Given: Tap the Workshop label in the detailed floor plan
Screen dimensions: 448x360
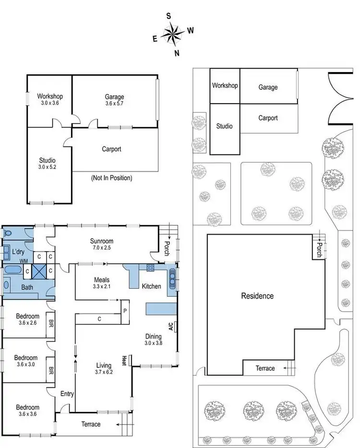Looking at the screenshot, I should (50, 96).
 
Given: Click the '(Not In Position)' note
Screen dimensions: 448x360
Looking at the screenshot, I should (111, 178).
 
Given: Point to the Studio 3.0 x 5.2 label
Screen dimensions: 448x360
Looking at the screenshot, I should (47, 164).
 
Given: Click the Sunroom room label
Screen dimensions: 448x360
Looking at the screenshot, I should (101, 241).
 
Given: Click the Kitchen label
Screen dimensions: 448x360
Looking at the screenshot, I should (151, 286).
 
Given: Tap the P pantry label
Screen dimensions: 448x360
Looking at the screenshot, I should (125, 310).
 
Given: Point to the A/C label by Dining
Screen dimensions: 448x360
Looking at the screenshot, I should (170, 326).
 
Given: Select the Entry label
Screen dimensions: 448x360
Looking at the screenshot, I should (67, 394).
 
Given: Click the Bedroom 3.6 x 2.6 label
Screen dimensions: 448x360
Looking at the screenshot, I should (27, 319).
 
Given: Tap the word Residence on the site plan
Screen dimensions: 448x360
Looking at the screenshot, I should (257, 296).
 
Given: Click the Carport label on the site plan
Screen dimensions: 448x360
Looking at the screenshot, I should (268, 118).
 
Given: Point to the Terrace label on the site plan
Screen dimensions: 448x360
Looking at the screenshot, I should (265, 368).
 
